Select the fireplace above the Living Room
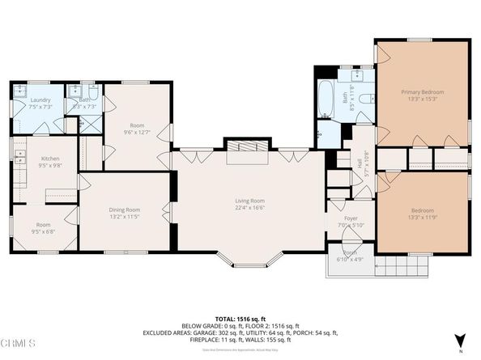[247, 150]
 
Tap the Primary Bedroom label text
[423, 92]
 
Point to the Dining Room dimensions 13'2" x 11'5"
[125, 217]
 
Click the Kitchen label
[50, 159]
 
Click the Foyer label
[351, 218]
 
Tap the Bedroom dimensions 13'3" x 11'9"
[423, 218]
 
